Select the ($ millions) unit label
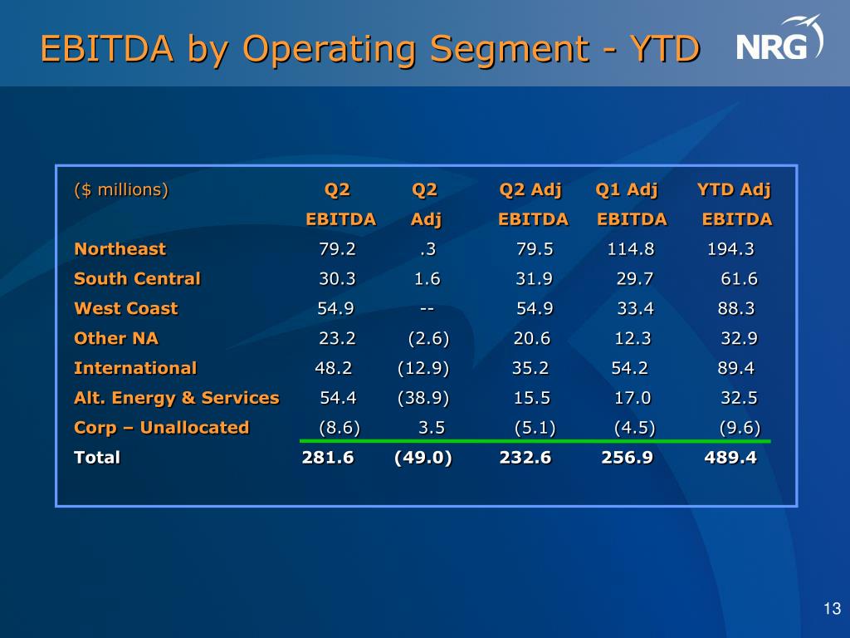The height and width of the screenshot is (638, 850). coord(121,189)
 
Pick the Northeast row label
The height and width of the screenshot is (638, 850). coord(120,248)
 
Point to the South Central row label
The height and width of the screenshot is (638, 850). coord(137,278)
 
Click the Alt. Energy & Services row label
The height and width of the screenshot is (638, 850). coord(176,397)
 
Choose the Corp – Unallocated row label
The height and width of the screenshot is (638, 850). coord(161,427)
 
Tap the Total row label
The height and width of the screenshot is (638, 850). coord(97,457)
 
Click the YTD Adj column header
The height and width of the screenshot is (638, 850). coord(734,189)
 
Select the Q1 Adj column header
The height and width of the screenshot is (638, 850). coord(627,189)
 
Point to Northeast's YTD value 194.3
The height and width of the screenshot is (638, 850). coord(730,248)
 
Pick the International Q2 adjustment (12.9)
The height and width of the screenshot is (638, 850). coord(423,368)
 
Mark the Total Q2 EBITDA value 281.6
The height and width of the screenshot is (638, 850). coord(328,457)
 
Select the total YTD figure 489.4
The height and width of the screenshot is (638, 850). coord(730,457)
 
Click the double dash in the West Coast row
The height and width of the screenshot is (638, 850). coord(427,308)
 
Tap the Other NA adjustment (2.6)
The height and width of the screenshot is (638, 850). coord(428,338)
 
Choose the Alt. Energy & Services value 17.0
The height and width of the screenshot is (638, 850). coord(633,397)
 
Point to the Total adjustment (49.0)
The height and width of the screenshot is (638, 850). coord(423,457)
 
